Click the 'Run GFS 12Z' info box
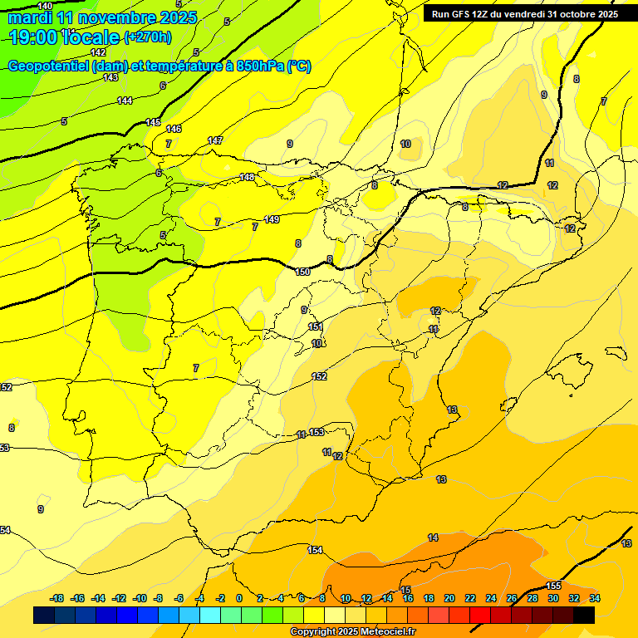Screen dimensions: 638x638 (x=524, y=14)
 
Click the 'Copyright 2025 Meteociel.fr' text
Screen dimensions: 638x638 (x=351, y=631)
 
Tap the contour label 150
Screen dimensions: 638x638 (x=302, y=272)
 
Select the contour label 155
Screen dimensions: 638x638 (x=555, y=586)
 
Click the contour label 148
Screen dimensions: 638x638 (x=247, y=177)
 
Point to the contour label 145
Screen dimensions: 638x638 (x=153, y=122)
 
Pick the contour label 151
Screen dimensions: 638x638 (x=316, y=327)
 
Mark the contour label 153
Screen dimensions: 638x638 (x=317, y=431)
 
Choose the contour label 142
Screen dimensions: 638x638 (x=98, y=52)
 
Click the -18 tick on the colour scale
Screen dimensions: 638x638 (x=57, y=598)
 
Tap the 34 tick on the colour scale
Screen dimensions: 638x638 (x=595, y=598)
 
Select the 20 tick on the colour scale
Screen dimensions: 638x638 (x=449, y=598)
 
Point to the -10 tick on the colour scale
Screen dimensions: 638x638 (x=140, y=598)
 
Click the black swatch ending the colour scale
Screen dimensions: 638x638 (x=584, y=615)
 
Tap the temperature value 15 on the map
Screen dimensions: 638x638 (x=405, y=589)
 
